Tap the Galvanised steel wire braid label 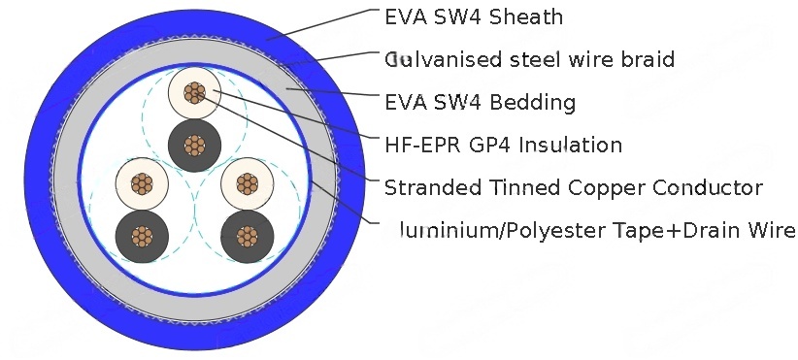coord(529,59)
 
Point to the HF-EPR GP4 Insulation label coord(503,146)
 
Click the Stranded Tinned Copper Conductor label coord(573,187)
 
